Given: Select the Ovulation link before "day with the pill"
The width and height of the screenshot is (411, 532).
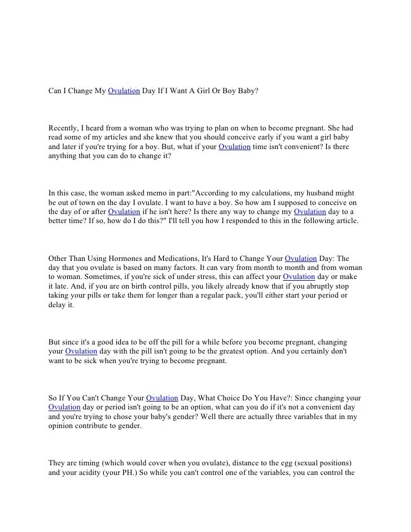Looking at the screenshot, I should [x=81, y=351].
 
